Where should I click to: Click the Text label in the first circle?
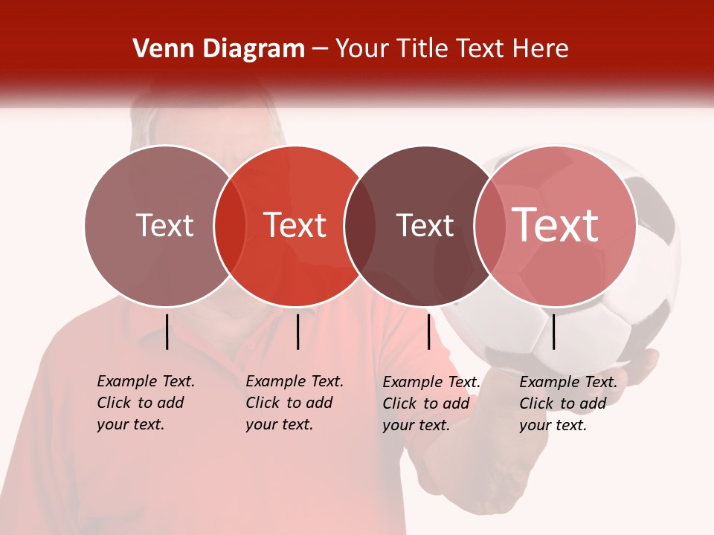[164, 225]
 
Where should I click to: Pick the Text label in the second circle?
[295, 225]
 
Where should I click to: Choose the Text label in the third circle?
[425, 225]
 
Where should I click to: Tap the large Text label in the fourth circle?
[556, 225]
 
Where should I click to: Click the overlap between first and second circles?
[230, 226]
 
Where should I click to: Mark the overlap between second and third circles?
[360, 226]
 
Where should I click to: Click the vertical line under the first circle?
[167, 331]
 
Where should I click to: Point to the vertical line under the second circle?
[297, 331]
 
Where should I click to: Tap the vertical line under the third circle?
[428, 331]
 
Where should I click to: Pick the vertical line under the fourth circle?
[553, 331]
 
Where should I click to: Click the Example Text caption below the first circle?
[145, 403]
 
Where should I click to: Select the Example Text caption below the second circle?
[294, 403]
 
